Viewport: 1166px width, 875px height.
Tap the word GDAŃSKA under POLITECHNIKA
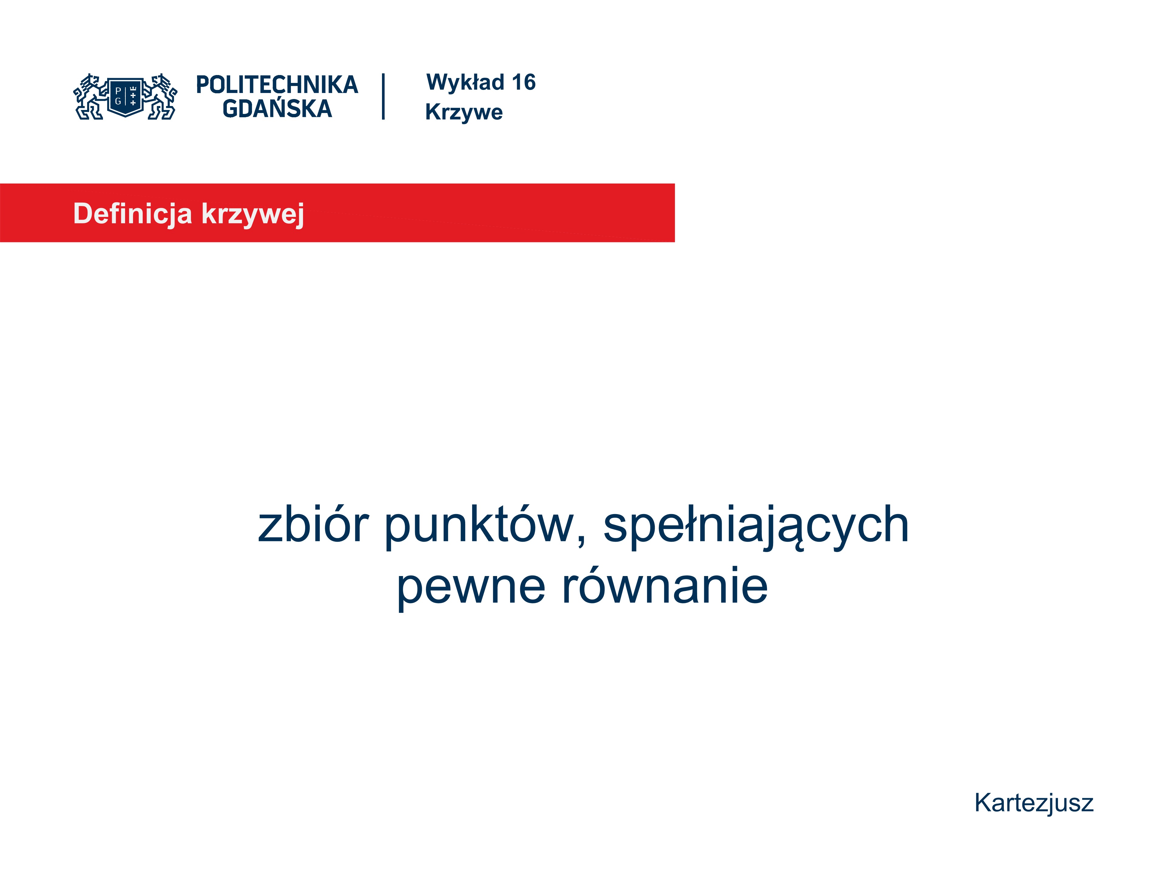tap(277, 108)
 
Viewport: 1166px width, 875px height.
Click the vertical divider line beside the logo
tap(383, 97)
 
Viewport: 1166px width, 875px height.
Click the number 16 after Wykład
tap(524, 82)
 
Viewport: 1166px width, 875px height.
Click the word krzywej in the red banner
tap(253, 215)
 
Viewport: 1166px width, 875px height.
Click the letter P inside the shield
tap(118, 91)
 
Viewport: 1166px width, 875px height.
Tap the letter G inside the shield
tap(118, 101)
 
